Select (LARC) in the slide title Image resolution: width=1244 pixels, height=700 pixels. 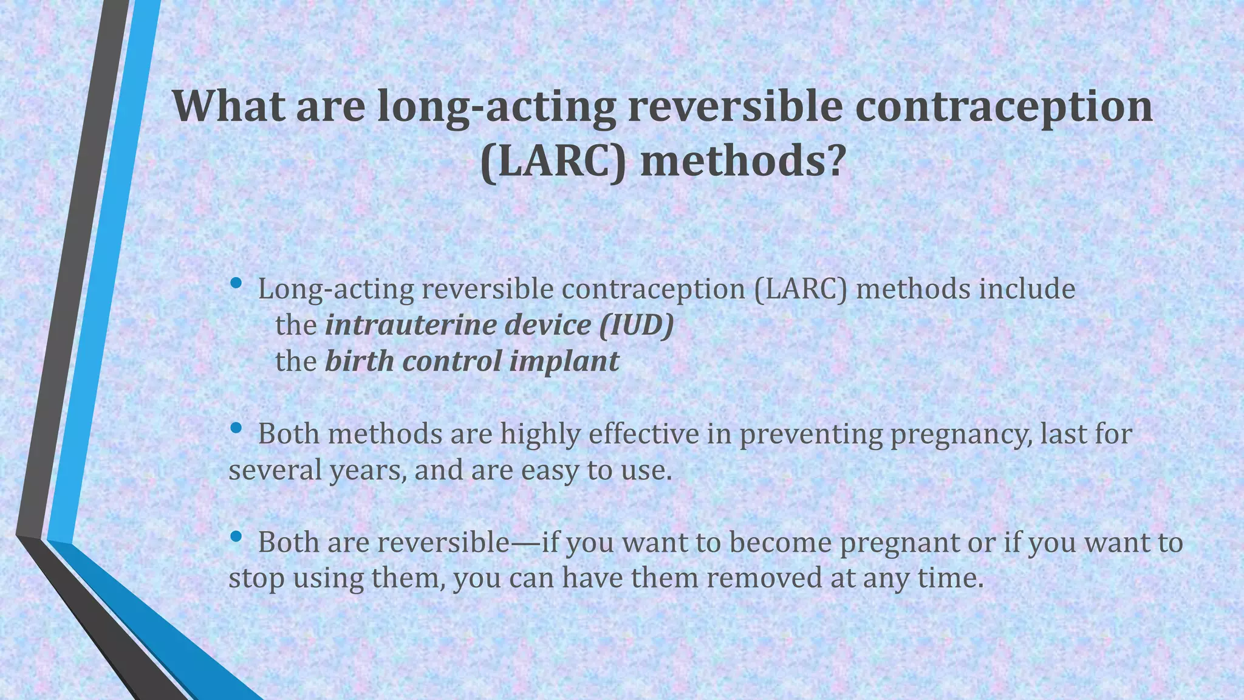click(553, 163)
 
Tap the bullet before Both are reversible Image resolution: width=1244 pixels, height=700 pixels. click(236, 537)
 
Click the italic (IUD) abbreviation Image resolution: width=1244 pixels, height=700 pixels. click(637, 326)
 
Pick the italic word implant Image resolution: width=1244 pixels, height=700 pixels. click(564, 362)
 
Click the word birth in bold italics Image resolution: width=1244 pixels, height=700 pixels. click(360, 362)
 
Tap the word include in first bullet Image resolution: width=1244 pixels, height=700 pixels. click(1027, 289)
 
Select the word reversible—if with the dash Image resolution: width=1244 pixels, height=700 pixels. click(468, 543)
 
